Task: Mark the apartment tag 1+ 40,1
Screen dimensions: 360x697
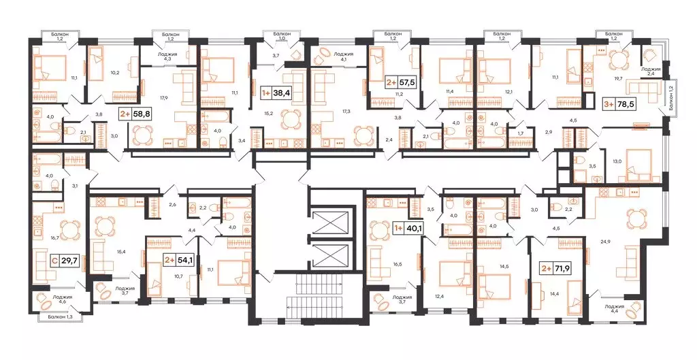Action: (x=407, y=228)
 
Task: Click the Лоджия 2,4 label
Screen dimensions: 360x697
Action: (x=652, y=71)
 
